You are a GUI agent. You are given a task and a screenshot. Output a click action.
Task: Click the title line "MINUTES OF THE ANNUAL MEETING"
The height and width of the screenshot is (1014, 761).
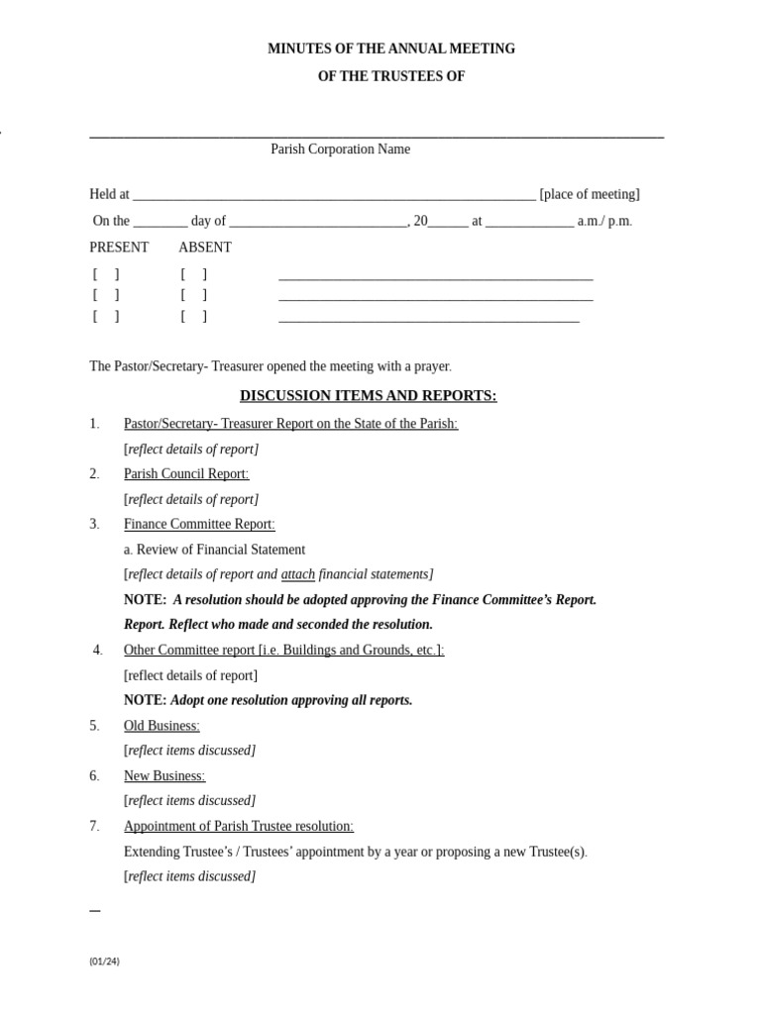(391, 49)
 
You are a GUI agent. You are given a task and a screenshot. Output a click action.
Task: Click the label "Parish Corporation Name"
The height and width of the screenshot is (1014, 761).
(340, 150)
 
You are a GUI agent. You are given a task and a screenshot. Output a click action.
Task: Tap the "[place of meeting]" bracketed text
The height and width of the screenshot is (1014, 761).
(590, 194)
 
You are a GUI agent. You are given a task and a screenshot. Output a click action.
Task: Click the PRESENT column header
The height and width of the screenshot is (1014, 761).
(119, 248)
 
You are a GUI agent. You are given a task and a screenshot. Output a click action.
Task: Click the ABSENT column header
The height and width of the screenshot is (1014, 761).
(205, 248)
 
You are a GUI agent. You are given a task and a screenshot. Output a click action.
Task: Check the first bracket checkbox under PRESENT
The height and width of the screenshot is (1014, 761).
(106, 274)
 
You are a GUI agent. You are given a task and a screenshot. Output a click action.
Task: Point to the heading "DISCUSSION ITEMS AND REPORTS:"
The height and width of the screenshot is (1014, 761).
(368, 396)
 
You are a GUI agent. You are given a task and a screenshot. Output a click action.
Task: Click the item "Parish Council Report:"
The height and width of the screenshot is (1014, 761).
(186, 474)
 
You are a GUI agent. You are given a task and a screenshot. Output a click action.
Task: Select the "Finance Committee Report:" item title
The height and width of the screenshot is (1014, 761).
(199, 524)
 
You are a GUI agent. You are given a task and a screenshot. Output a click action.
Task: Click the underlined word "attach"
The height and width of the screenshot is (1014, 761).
(298, 574)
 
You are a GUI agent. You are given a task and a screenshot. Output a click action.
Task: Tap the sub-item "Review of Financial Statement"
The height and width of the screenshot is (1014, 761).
(220, 550)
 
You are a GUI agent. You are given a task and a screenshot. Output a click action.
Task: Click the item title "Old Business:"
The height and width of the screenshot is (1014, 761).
(162, 726)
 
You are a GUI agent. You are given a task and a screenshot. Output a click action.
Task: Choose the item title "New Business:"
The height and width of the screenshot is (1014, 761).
(164, 776)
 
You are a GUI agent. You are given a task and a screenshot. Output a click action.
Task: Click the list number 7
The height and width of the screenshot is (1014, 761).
(94, 826)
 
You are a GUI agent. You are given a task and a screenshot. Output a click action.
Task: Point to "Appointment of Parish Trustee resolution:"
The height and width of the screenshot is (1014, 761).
(239, 826)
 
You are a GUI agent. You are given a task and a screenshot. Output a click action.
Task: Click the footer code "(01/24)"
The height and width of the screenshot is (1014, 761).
(104, 961)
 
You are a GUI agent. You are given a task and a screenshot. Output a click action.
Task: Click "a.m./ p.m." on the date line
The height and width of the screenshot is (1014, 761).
(604, 222)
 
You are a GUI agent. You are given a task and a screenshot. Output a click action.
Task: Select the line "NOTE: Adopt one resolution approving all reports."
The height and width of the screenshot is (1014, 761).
(268, 700)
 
